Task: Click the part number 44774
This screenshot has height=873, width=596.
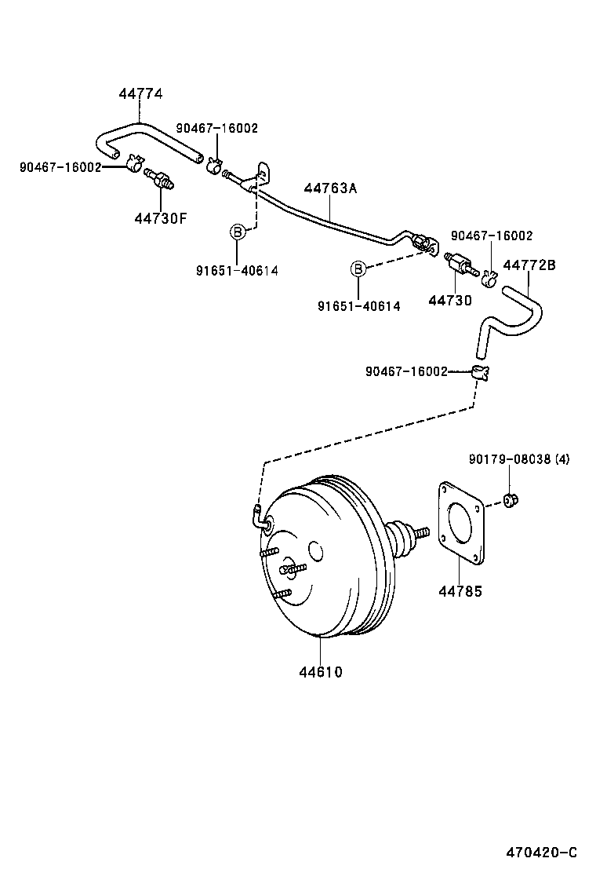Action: click(140, 93)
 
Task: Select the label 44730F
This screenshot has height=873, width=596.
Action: click(160, 217)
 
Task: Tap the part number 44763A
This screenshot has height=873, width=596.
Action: click(329, 188)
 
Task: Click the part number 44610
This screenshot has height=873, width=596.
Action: click(320, 671)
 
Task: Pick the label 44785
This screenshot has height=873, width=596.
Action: click(460, 591)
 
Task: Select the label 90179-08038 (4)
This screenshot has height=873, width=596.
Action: click(518, 458)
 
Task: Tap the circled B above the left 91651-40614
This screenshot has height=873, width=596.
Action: click(236, 231)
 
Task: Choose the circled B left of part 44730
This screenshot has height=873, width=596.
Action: click(358, 268)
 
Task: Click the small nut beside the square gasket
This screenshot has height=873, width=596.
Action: click(511, 499)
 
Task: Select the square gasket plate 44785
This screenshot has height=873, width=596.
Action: click(460, 523)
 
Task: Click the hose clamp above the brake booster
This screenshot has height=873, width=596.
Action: click(480, 372)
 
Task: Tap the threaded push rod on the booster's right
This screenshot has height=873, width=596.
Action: click(420, 534)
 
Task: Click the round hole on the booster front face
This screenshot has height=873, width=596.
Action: click(315, 551)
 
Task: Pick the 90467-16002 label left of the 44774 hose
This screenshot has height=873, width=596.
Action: click(60, 166)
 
